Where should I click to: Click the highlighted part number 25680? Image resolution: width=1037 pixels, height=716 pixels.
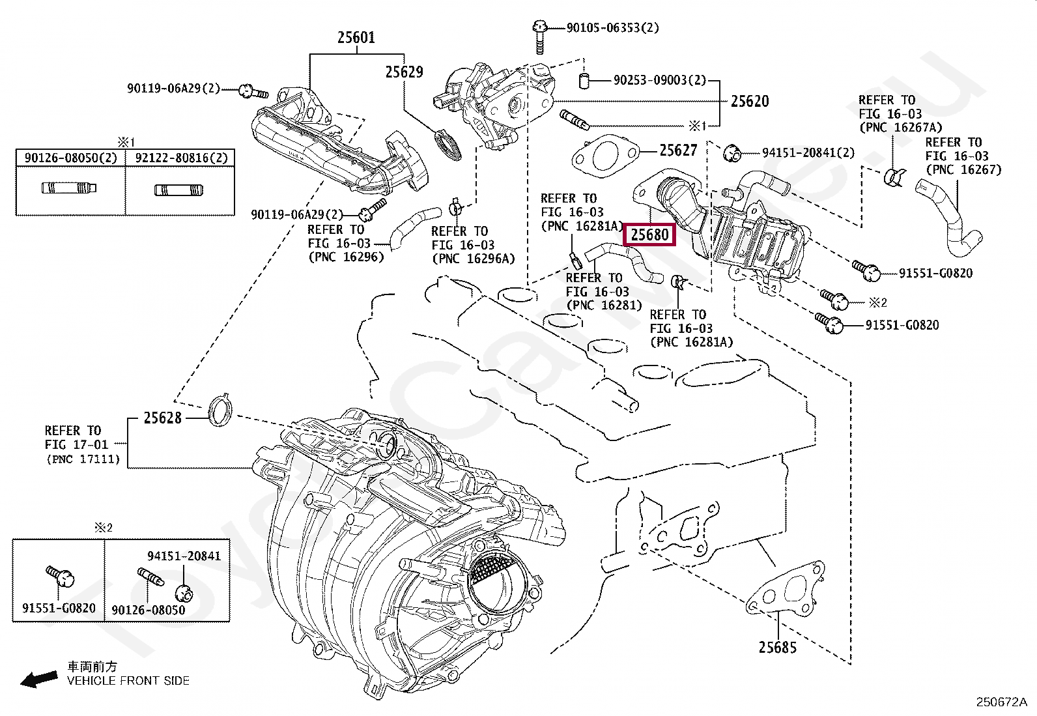[649, 235]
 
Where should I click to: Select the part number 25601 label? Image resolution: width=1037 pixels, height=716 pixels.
[356, 38]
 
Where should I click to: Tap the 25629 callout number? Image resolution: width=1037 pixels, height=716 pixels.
[404, 72]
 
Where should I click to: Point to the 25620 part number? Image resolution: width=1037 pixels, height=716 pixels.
[749, 101]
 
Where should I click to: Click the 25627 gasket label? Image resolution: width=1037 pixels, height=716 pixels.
[678, 150]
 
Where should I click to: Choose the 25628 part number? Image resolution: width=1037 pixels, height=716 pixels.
[162, 418]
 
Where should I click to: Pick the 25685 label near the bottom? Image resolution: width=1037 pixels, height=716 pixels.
[777, 647]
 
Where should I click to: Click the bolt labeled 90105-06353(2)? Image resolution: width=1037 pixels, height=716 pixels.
[539, 36]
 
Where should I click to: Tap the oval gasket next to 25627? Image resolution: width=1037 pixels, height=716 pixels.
[602, 156]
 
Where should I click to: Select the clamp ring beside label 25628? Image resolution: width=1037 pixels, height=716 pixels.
[220, 410]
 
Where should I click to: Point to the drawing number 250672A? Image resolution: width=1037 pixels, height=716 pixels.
[1001, 702]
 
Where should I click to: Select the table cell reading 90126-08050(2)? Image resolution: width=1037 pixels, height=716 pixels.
[70, 158]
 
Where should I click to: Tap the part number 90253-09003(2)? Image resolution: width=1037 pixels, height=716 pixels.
[659, 81]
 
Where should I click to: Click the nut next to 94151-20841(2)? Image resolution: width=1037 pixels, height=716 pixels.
[733, 153]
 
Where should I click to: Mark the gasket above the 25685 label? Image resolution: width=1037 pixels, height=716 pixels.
[780, 595]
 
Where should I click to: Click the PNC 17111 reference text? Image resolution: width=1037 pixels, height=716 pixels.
[83, 459]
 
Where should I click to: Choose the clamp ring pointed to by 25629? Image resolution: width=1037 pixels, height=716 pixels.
[448, 145]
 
